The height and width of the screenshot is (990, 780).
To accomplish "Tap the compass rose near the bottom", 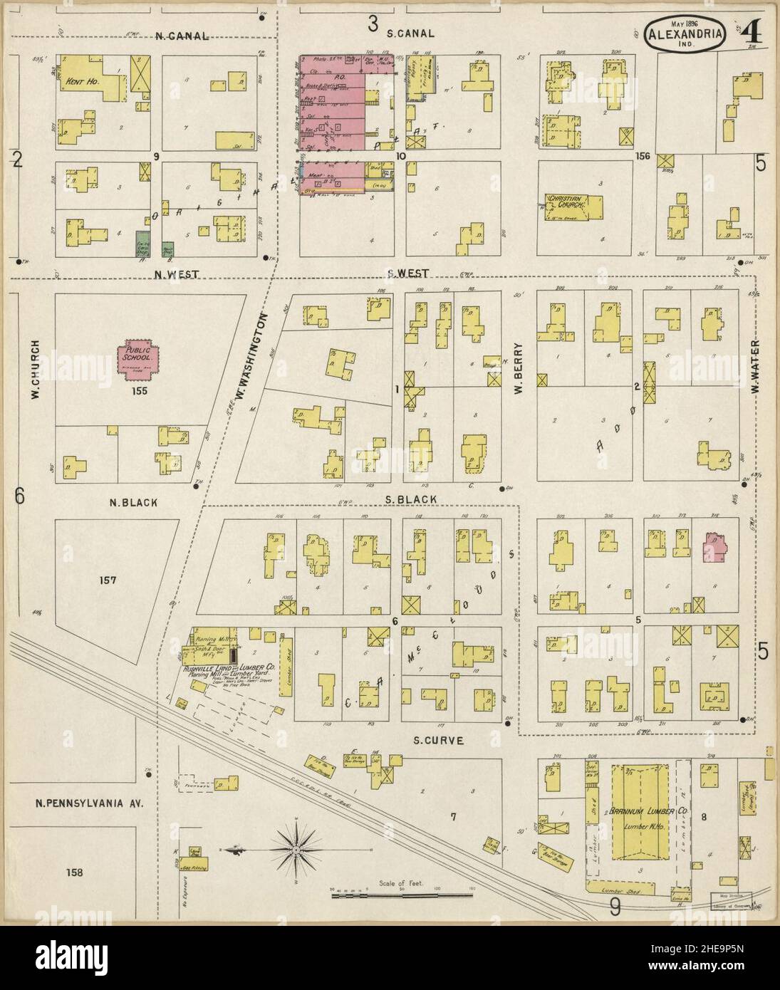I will click(294, 848).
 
